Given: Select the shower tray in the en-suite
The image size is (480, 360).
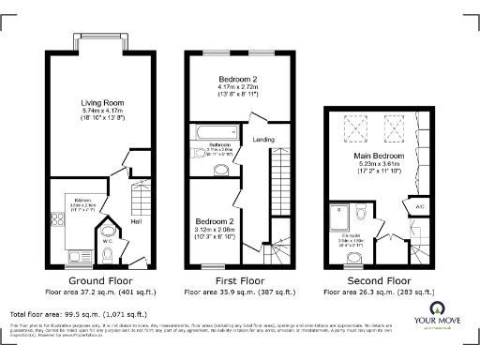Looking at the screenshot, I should click(x=338, y=213).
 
